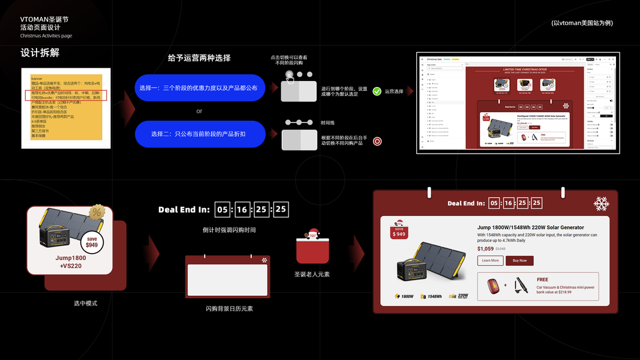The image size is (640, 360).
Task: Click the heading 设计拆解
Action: pyautogui.click(x=40, y=53)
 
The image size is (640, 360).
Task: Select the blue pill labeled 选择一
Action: pyautogui.click(x=200, y=88)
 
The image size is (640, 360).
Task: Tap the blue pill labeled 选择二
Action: pyautogui.click(x=200, y=134)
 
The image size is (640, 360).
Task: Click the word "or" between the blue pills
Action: pyautogui.click(x=199, y=111)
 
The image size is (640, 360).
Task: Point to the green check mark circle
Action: pyautogui.click(x=377, y=91)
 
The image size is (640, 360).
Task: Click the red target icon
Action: pyautogui.click(x=377, y=142)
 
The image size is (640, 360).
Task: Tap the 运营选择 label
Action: pyautogui.click(x=394, y=92)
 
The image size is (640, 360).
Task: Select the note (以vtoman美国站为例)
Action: pyautogui.click(x=582, y=23)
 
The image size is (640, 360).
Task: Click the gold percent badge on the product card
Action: pyautogui.click(x=96, y=212)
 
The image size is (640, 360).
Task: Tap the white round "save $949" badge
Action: pyautogui.click(x=91, y=241)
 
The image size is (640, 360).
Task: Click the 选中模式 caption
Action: pyautogui.click(x=85, y=303)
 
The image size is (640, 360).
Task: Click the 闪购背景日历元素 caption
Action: pyautogui.click(x=229, y=308)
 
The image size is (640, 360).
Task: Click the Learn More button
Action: pyautogui.click(x=490, y=260)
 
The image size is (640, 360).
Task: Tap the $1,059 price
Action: pyautogui.click(x=485, y=248)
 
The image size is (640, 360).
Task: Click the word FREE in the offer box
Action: pyautogui.click(x=542, y=280)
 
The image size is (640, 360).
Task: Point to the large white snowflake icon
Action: pyautogui.click(x=601, y=204)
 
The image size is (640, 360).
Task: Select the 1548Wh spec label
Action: pyautogui.click(x=435, y=296)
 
